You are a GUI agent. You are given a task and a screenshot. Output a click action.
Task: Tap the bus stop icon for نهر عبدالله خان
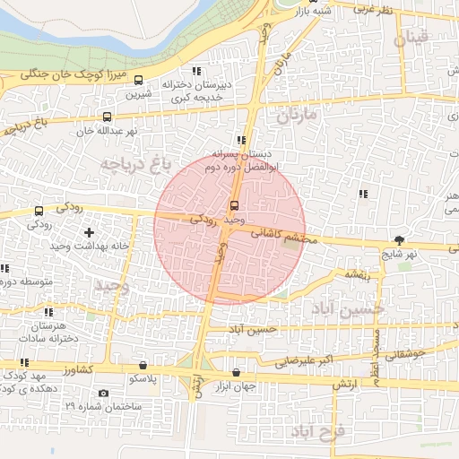click(108, 117)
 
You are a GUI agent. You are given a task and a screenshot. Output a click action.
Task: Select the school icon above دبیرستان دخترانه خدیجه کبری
click(197, 71)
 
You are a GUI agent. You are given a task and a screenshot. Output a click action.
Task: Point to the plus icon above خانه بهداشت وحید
click(88, 232)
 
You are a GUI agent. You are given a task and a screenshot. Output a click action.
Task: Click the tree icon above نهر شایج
click(399, 239)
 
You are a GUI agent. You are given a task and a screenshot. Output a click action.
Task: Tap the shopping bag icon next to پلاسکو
click(143, 366)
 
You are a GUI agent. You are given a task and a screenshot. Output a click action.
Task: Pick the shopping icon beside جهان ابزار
click(236, 372)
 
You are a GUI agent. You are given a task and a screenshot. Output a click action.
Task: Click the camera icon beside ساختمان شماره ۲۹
click(103, 393)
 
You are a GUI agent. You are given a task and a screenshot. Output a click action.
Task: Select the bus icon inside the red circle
click(234, 205)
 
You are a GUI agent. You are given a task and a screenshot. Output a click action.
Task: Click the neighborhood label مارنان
click(298, 116)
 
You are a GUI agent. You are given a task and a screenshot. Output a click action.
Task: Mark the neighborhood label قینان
click(418, 38)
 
